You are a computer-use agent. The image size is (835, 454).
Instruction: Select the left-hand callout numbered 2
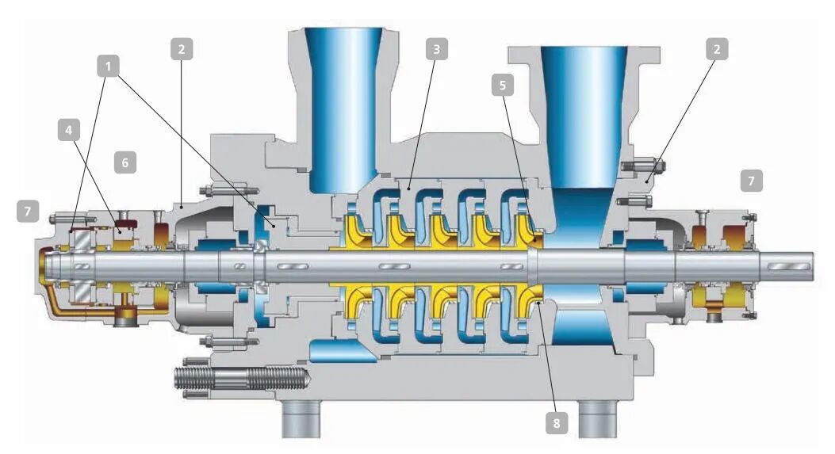pos(182,49)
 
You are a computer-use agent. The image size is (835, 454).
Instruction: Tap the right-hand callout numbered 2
pos(717,49)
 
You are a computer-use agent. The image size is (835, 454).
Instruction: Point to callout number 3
pos(437,49)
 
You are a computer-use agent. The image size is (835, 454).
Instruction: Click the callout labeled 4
pos(69,130)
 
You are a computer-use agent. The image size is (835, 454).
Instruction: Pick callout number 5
pos(503,85)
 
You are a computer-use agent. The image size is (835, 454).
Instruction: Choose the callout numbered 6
pos(125,162)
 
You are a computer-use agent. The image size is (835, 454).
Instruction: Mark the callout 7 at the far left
pos(27,211)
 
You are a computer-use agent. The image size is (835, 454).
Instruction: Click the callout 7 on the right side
pos(752,181)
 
